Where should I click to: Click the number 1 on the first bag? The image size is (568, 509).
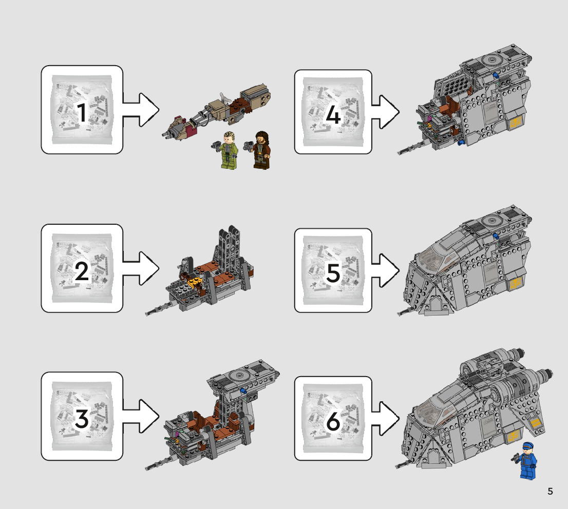82,113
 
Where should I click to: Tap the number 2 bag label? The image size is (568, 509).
82,271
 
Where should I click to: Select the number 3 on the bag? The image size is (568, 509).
82,420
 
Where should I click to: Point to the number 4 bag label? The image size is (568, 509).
333,115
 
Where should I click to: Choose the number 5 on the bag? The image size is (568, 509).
333,273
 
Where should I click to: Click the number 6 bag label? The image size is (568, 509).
333,422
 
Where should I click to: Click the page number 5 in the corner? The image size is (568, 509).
550,492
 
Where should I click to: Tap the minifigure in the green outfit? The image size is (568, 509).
225,150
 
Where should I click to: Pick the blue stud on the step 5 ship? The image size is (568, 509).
496,236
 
